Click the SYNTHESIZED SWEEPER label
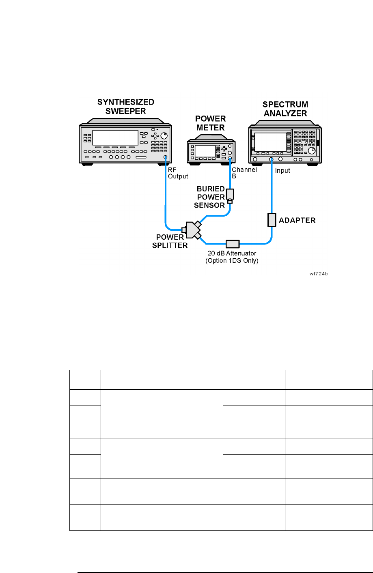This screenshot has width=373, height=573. click(x=126, y=107)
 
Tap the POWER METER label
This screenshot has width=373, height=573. click(x=210, y=123)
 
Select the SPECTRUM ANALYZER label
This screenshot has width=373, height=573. click(x=285, y=109)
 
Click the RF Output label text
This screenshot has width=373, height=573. click(x=178, y=173)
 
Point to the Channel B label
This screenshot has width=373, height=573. click(x=244, y=173)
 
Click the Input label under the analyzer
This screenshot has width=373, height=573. click(x=282, y=170)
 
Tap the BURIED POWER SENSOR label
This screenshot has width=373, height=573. click(x=210, y=197)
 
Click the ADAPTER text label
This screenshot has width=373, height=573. click(x=297, y=220)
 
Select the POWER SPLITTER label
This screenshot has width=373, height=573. click(x=170, y=241)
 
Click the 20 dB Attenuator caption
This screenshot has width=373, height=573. click(x=232, y=257)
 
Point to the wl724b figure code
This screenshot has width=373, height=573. click(x=318, y=274)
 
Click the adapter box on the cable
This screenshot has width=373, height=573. click(x=272, y=220)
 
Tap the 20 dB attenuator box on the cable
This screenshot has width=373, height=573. click(x=233, y=244)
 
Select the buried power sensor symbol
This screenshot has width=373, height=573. click(x=230, y=195)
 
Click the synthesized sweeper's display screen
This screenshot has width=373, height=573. click(x=115, y=138)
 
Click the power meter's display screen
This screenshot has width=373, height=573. click(x=205, y=150)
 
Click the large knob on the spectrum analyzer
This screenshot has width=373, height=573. click(x=311, y=151)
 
